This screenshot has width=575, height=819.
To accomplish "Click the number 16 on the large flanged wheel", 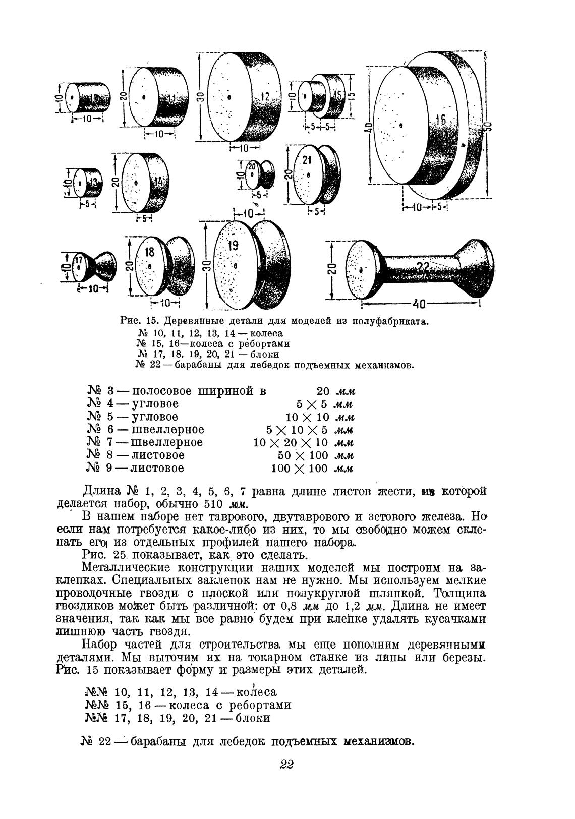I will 441,120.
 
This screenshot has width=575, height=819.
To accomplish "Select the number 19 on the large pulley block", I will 233,246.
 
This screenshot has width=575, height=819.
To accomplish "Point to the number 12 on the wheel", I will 265,96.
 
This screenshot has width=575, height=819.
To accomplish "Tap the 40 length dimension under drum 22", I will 420,304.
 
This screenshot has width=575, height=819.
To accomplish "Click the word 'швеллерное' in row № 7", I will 167,443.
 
